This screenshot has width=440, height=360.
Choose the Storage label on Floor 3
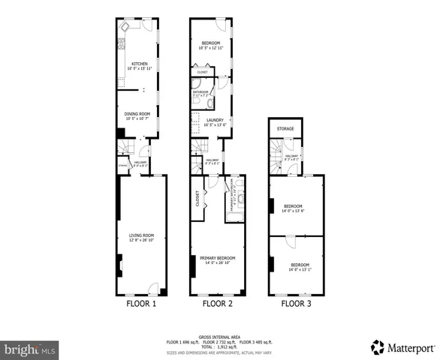285,129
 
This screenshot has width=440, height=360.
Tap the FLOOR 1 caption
140,304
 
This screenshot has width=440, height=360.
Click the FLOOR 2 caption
217,304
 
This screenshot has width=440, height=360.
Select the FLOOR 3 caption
297,304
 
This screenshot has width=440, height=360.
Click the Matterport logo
401,347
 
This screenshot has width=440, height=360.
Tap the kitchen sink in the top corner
125,26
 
